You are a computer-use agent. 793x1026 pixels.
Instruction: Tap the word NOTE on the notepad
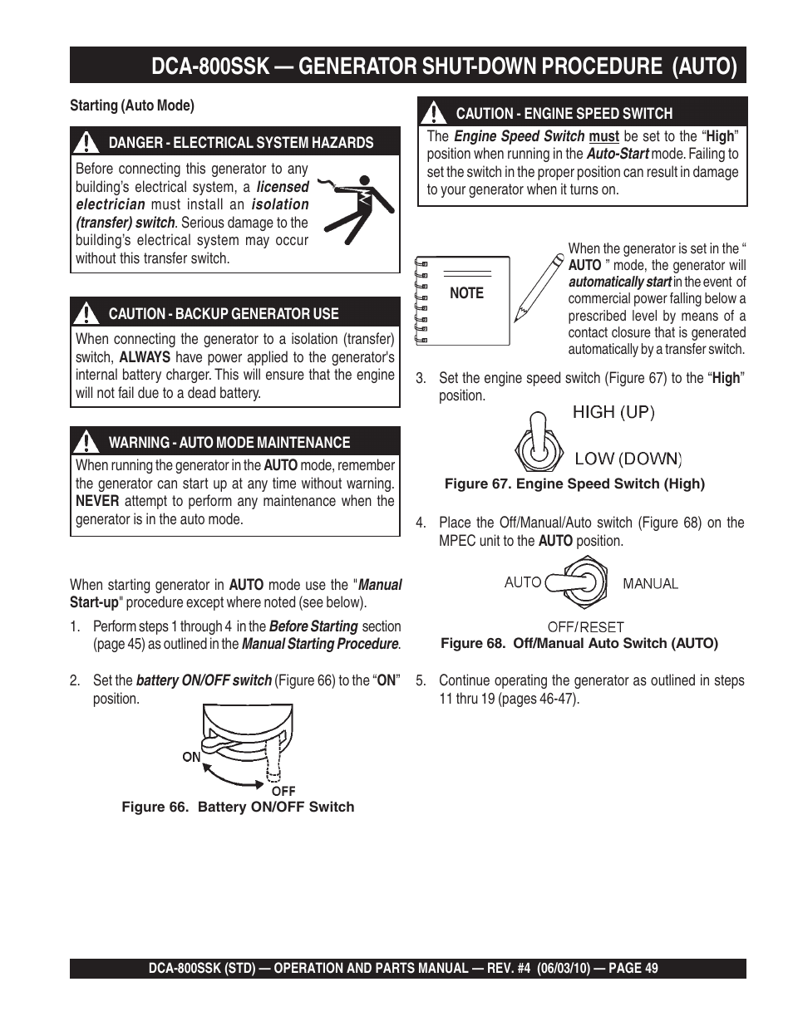click(466, 293)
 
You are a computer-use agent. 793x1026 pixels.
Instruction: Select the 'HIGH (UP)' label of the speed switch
click(613, 412)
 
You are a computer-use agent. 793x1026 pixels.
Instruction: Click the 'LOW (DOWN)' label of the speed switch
click(628, 458)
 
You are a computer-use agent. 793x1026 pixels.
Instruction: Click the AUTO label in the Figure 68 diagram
click(523, 582)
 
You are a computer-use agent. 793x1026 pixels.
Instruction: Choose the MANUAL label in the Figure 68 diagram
click(651, 584)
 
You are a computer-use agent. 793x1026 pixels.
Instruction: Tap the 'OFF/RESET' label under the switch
click(585, 627)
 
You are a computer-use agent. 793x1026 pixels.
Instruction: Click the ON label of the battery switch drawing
click(191, 757)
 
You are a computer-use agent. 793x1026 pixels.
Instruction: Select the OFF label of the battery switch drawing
click(283, 791)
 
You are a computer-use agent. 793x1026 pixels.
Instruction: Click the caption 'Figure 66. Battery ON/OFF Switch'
click(238, 807)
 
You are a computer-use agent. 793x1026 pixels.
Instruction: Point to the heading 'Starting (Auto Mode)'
click(132, 106)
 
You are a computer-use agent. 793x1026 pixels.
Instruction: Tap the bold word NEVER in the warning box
click(97, 501)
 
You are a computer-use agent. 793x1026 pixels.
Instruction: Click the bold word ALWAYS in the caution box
click(145, 357)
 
